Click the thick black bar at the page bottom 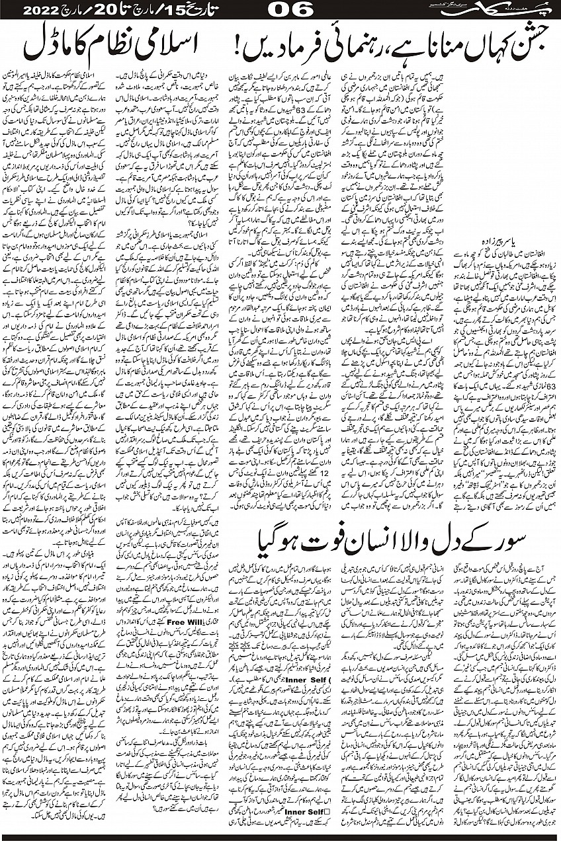(x=280, y=835)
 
